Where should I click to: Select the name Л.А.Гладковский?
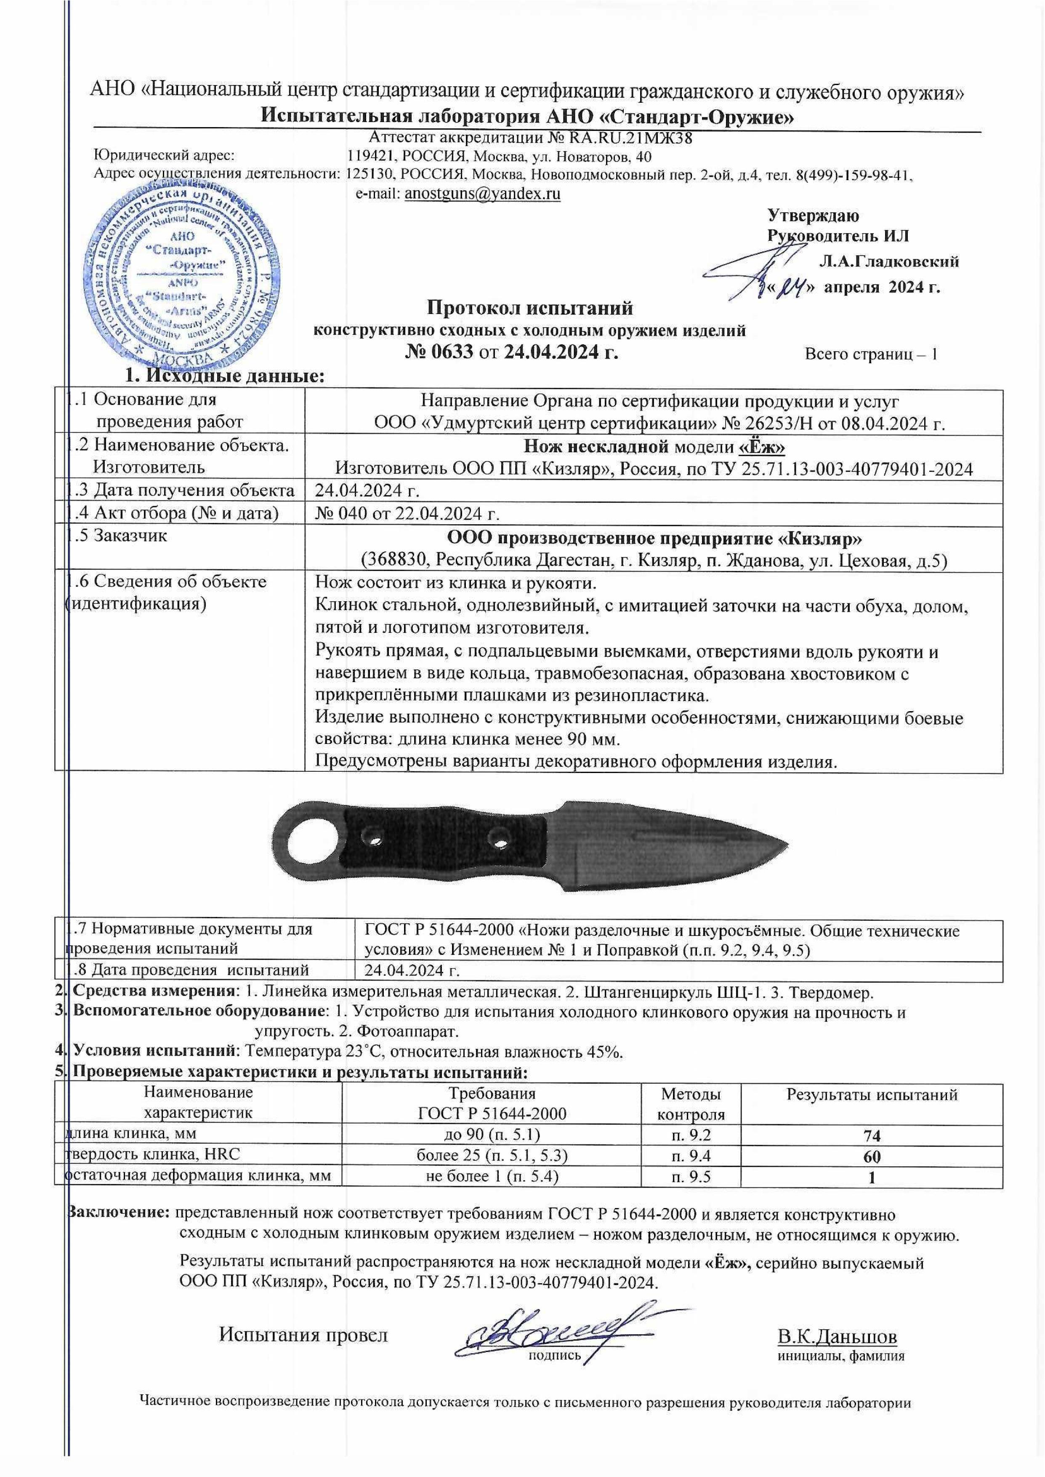coord(889,261)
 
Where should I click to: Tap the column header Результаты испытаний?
coord(872,1095)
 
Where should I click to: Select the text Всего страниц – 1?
coord(871,354)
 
